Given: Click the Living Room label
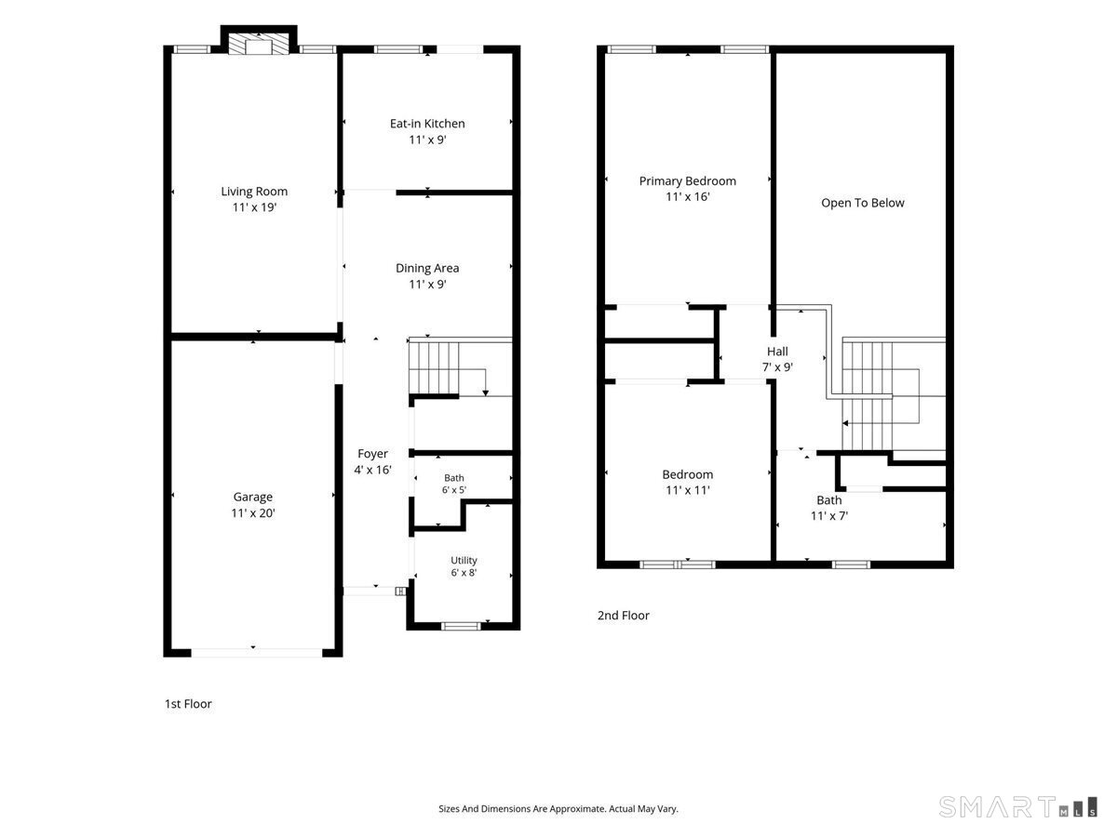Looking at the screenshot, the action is pyautogui.click(x=254, y=192).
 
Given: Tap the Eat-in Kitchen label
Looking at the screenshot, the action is pyautogui.click(x=427, y=124).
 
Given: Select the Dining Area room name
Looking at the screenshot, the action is pyautogui.click(x=427, y=269).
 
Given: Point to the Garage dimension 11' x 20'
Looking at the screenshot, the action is pyautogui.click(x=253, y=513).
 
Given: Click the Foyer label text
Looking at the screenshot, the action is pyautogui.click(x=372, y=454).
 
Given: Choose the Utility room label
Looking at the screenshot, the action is pyautogui.click(x=464, y=561).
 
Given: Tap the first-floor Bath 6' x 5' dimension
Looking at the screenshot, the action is pyautogui.click(x=454, y=490).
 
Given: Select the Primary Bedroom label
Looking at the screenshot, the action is pyautogui.click(x=688, y=181).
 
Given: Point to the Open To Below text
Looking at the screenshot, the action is pyautogui.click(x=863, y=204).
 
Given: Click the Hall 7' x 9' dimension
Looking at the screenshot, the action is pyautogui.click(x=777, y=367).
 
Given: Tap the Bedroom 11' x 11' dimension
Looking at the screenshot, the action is pyautogui.click(x=688, y=490).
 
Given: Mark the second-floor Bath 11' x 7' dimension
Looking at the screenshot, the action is pyautogui.click(x=829, y=516).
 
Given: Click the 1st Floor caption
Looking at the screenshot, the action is pyautogui.click(x=188, y=704).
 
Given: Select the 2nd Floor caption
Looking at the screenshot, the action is pyautogui.click(x=623, y=616).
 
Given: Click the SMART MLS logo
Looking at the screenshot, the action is pyautogui.click(x=1017, y=807).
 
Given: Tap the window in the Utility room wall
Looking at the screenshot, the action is pyautogui.click(x=461, y=626).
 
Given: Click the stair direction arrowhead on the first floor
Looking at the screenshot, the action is pyautogui.click(x=486, y=392).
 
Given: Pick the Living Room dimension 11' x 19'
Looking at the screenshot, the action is pyautogui.click(x=254, y=207).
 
